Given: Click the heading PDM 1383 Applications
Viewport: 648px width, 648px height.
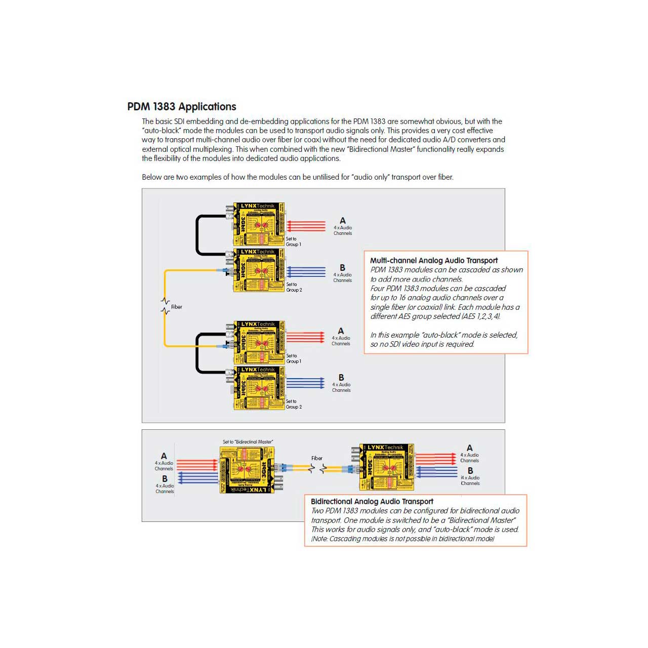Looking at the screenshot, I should pyautogui.click(x=182, y=107).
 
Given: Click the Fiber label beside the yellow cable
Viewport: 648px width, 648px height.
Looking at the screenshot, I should pyautogui.click(x=176, y=307).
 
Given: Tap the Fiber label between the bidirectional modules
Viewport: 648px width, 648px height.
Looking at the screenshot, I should pyautogui.click(x=317, y=458).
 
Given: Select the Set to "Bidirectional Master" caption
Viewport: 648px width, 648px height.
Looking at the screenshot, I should pyautogui.click(x=248, y=442).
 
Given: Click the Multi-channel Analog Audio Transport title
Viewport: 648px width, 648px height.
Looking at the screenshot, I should pyautogui.click(x=434, y=260).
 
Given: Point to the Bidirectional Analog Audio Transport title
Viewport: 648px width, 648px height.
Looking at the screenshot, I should pyautogui.click(x=372, y=501).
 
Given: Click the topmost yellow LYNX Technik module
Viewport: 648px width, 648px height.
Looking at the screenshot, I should pyautogui.click(x=259, y=224).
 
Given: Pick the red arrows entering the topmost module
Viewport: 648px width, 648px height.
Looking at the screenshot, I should pyautogui.click(x=306, y=226).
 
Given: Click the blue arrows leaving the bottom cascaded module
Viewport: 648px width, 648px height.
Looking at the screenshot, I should pyautogui.click(x=306, y=383).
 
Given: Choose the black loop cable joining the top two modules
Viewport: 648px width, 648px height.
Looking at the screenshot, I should pyautogui.click(x=198, y=235).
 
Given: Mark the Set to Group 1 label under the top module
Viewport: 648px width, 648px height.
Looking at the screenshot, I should pyautogui.click(x=293, y=241).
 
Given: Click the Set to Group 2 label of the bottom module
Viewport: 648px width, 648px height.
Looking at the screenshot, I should pyautogui.click(x=294, y=404).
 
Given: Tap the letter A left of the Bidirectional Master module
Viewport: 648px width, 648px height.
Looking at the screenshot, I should pyautogui.click(x=164, y=456).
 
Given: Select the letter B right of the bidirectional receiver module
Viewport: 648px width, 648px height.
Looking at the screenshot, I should pyautogui.click(x=470, y=471).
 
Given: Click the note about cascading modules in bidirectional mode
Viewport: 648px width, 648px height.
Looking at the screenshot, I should pyautogui.click(x=402, y=539).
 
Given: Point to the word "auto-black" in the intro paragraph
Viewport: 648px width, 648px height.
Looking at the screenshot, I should pyautogui.click(x=161, y=131).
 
